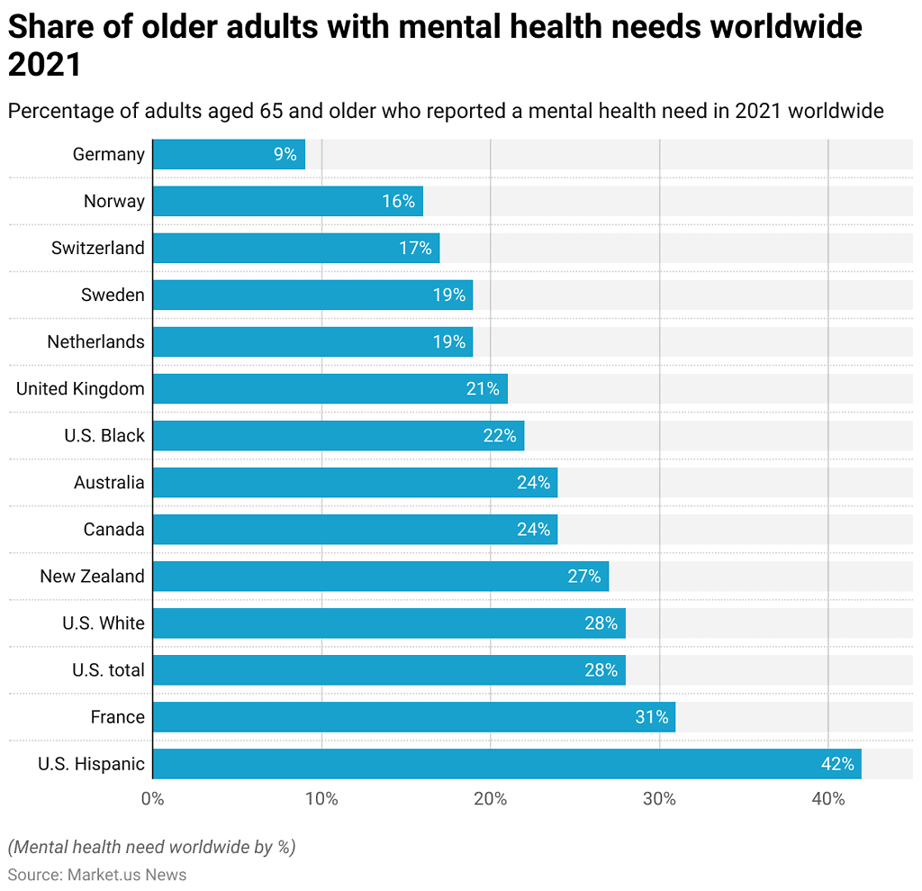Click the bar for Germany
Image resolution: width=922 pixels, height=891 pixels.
[x=229, y=154]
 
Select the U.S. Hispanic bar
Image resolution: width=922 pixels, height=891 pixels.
[x=507, y=764]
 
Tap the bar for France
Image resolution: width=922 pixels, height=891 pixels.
[x=414, y=717]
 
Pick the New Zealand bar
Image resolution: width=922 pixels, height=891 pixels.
[x=381, y=577]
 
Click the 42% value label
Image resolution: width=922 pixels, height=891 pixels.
[x=836, y=764]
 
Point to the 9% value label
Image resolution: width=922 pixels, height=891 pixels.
[x=285, y=154]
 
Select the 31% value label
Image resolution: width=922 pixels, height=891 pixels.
[x=651, y=717]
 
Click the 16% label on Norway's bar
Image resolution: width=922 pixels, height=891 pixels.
[x=398, y=201]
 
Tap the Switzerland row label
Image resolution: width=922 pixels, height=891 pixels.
[x=97, y=248]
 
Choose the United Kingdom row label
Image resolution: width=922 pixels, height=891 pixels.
[x=80, y=388]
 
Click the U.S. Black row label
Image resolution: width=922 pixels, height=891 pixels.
[x=104, y=435]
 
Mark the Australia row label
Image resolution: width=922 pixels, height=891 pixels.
[x=109, y=482]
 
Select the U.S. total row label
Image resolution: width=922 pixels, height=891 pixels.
[x=108, y=670]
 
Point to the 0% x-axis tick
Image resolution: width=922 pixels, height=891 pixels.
[x=153, y=798]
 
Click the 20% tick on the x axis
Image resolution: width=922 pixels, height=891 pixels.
[x=491, y=798]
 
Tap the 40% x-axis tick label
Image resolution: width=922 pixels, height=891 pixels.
[x=828, y=798]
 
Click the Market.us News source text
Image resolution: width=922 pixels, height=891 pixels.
[x=126, y=874]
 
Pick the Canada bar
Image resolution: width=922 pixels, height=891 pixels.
[x=355, y=530]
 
